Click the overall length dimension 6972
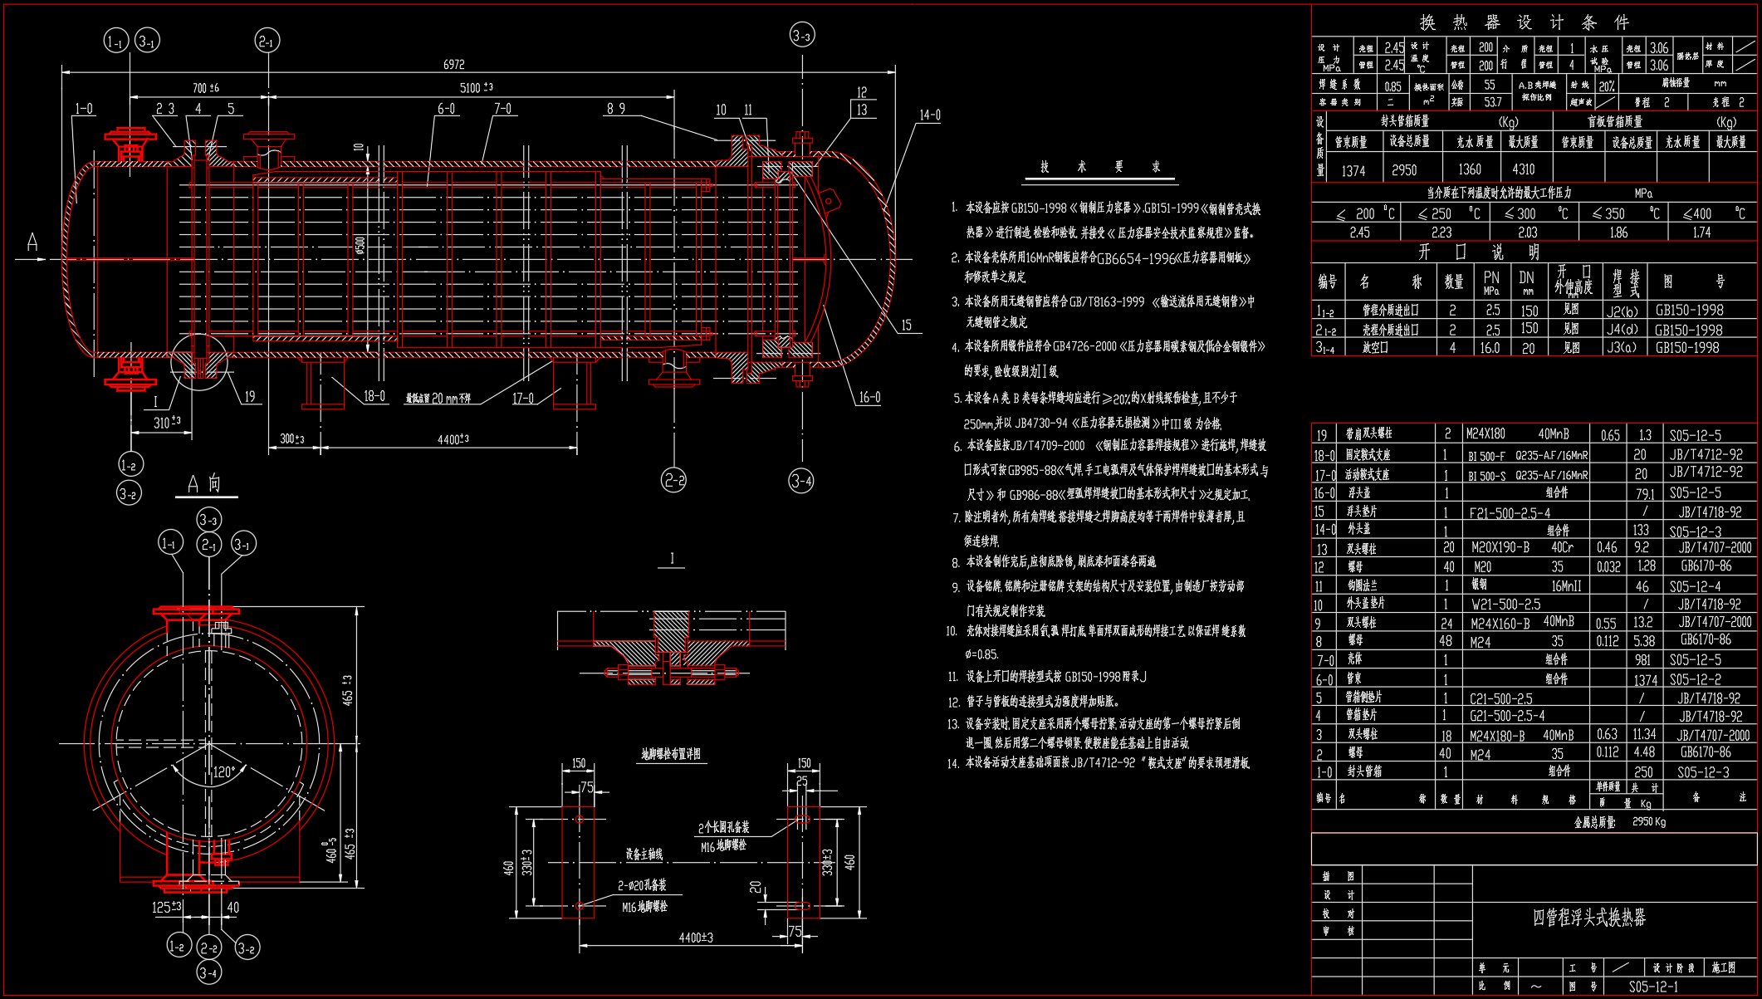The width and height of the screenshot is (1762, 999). tap(453, 65)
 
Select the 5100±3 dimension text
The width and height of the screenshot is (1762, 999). tap(476, 88)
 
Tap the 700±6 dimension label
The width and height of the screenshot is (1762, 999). tap(205, 88)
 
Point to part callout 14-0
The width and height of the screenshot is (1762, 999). tap(929, 115)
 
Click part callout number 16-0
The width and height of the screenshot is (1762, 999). tap(869, 398)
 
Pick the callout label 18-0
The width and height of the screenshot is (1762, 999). tap(374, 396)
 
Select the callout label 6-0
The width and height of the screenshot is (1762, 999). tap(446, 109)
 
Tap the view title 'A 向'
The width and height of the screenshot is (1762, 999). tap(204, 484)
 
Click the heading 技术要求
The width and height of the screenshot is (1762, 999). tap(1099, 167)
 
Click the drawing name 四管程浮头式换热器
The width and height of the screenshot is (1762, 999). tap(1588, 918)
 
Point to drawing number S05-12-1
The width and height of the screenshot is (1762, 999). tap(1653, 987)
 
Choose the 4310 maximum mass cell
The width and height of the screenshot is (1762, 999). tap(1523, 169)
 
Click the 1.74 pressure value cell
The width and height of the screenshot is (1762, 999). tap(1701, 233)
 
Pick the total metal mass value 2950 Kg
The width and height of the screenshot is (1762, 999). tap(1648, 822)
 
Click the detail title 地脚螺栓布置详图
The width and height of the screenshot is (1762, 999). tap(671, 754)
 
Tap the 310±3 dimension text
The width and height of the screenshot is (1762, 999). tap(167, 423)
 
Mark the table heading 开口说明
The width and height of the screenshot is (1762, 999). tap(1479, 252)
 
